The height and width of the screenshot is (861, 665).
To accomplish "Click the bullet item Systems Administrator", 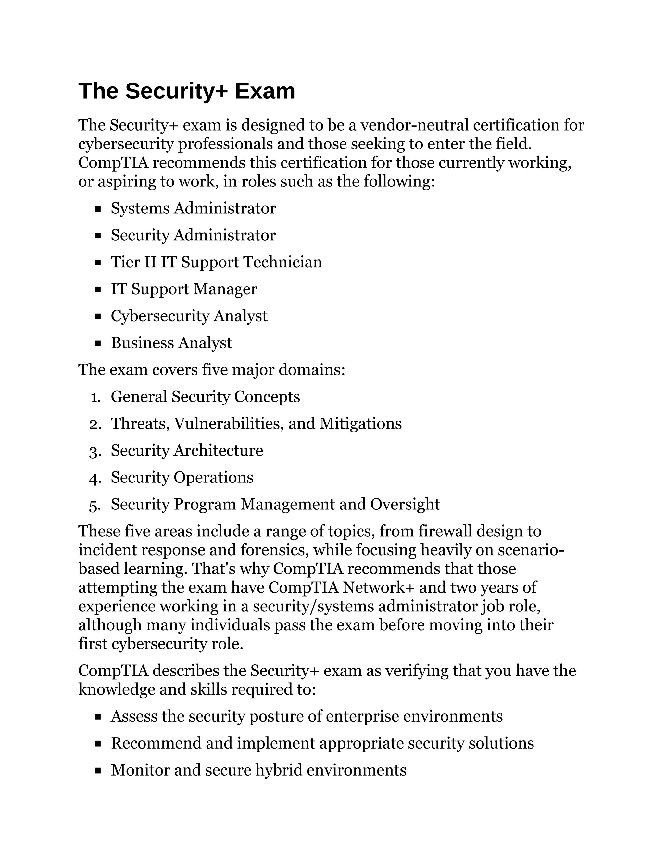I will tap(193, 208).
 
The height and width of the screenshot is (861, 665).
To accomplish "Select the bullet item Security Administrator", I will tap(193, 235).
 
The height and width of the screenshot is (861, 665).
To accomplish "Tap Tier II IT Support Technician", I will tap(216, 262).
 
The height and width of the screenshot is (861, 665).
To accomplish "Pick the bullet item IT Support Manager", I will tap(183, 289).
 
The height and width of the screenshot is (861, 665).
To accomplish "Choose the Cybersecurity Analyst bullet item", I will tap(189, 316).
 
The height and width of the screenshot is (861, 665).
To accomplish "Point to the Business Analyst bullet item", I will tap(171, 343).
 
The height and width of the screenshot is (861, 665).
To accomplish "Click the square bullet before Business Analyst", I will tap(98, 343).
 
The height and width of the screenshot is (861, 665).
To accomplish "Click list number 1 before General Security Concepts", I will tap(94, 397).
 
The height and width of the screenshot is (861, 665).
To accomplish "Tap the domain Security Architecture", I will tap(187, 450).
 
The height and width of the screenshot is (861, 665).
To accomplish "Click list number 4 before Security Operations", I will tap(95, 478).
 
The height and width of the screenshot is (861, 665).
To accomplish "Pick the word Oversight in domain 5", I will tap(405, 504).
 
